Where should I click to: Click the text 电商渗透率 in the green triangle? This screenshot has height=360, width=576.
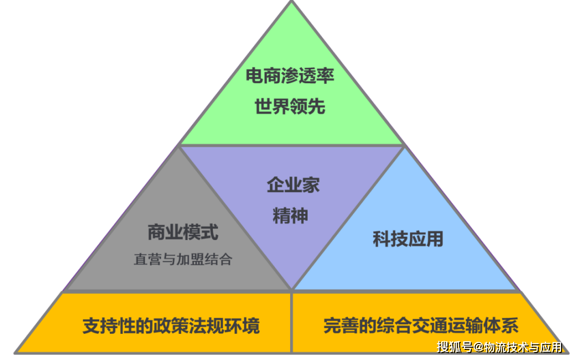click(x=290, y=76)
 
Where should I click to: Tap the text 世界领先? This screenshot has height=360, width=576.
click(x=290, y=107)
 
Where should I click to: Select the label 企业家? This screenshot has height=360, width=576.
click(x=293, y=185)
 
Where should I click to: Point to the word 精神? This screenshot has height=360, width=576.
click(x=290, y=215)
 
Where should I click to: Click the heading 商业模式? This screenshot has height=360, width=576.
click(x=183, y=232)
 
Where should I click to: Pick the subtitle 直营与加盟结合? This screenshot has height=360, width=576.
click(x=183, y=259)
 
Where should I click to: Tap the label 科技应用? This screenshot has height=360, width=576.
click(x=408, y=239)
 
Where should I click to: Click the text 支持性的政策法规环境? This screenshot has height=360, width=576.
click(x=171, y=326)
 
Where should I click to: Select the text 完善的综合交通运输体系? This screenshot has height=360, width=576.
click(x=421, y=326)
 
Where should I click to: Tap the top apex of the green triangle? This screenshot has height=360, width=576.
click(x=292, y=2)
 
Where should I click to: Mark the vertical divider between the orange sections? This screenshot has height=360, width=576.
click(x=291, y=323)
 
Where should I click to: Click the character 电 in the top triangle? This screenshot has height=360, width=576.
click(x=254, y=76)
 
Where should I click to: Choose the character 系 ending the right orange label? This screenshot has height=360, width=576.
click(x=510, y=326)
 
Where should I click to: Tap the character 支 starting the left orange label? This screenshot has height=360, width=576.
click(x=91, y=326)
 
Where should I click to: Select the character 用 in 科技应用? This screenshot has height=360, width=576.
click(x=435, y=239)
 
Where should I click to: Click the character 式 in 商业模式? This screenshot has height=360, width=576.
click(x=210, y=232)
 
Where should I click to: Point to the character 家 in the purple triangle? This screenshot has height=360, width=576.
click(x=311, y=185)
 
